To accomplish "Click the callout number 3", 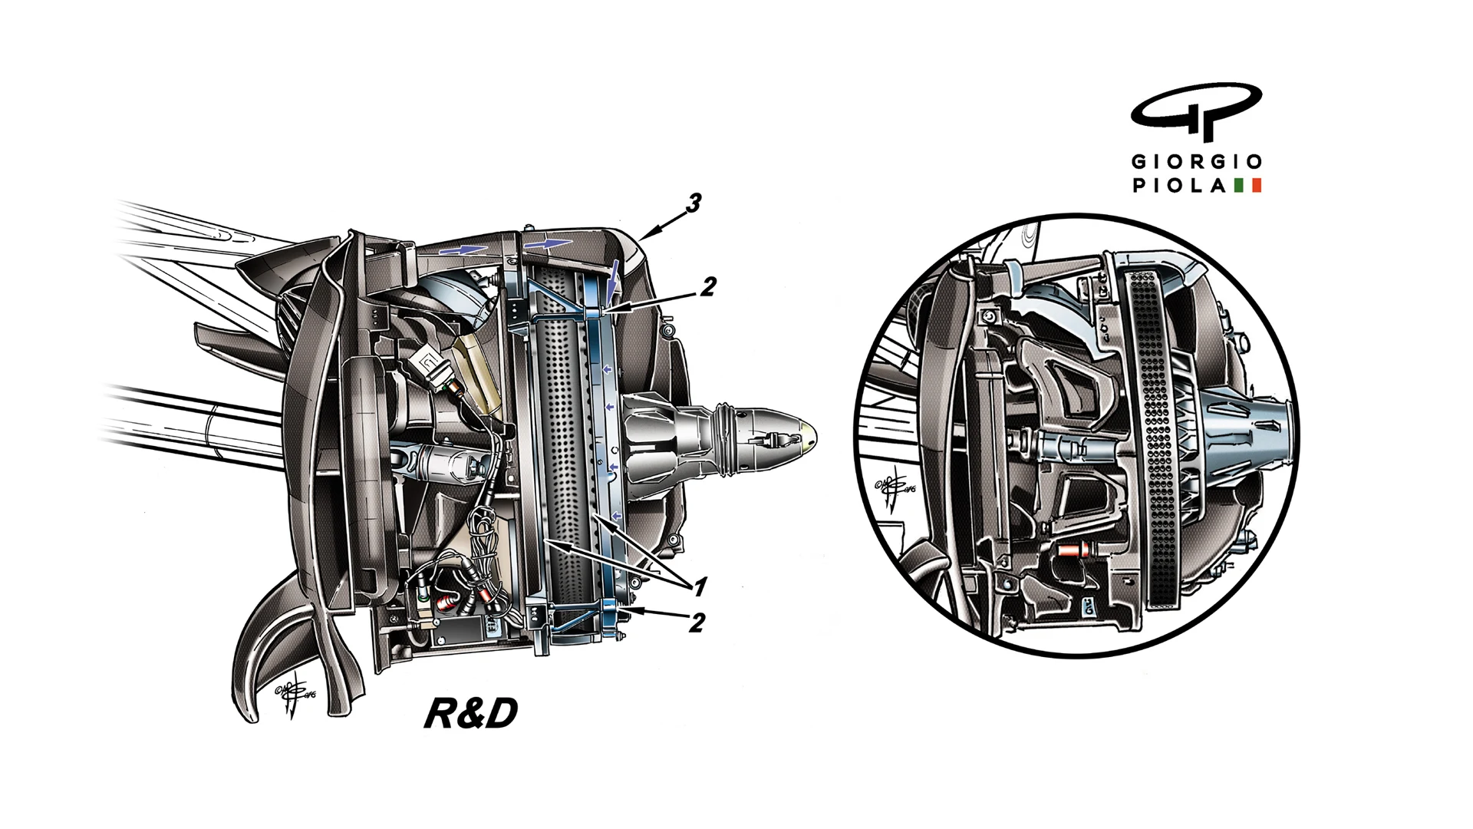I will (x=694, y=204).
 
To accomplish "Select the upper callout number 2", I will (x=707, y=287).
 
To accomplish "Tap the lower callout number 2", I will (x=696, y=622).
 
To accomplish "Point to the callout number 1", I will (x=700, y=588).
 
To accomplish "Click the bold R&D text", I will (x=470, y=714).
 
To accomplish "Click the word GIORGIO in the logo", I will (x=1197, y=162).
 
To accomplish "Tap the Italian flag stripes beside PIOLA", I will (x=1248, y=186).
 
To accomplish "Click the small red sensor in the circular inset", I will (x=1071, y=550).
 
